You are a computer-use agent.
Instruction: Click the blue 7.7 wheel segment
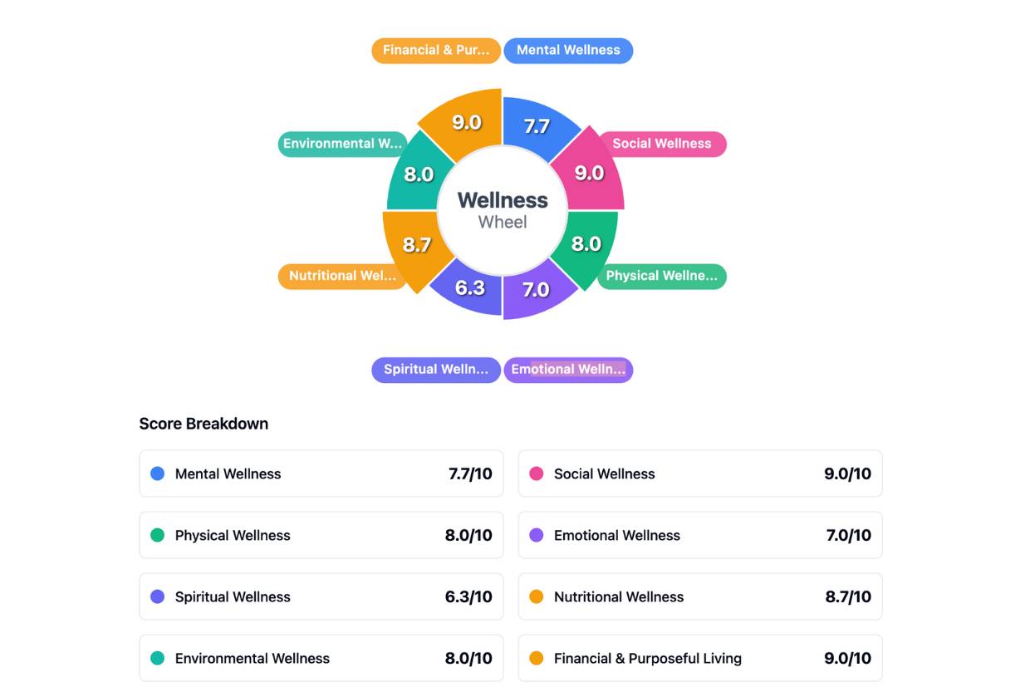point(537,126)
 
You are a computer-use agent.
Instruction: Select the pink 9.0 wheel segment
point(589,173)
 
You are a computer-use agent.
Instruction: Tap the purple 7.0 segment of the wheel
point(537,290)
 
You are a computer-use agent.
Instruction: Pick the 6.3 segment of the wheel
point(469,288)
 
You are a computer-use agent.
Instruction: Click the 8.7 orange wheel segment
point(416,245)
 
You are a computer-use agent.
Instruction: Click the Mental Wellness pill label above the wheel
point(568,51)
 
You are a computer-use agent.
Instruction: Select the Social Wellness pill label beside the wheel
point(661,144)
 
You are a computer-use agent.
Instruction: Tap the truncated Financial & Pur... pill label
point(436,51)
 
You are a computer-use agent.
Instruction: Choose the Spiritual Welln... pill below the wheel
point(436,370)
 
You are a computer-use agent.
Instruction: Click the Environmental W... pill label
point(342,144)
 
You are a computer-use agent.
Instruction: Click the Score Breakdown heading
point(204,424)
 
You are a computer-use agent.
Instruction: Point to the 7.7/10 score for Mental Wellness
point(470,474)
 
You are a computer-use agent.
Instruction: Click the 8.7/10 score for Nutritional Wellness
point(848,597)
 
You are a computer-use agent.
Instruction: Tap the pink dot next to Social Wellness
point(537,474)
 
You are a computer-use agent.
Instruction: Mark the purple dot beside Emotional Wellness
point(537,535)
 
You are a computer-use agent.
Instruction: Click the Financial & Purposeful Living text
point(648,659)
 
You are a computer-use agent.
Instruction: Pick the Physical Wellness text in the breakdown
point(233,536)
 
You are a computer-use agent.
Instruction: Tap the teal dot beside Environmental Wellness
point(157,658)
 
